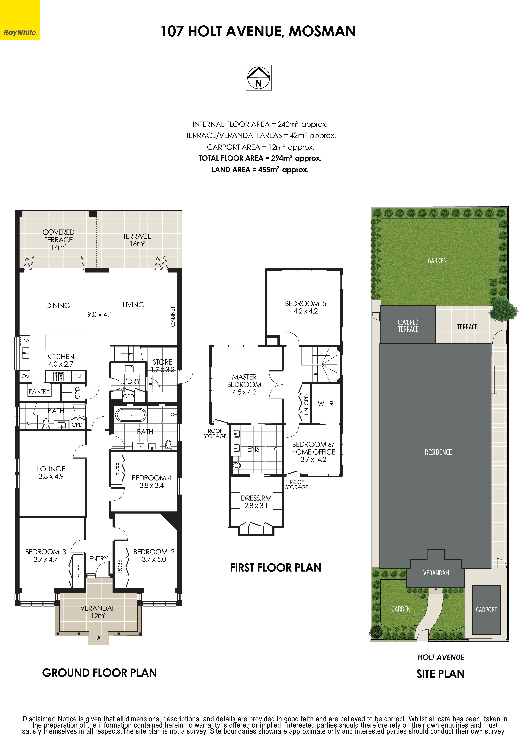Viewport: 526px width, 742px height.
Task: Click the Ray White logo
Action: click(x=20, y=20)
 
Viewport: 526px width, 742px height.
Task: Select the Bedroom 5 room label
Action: click(x=305, y=307)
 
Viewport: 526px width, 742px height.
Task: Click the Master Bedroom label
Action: click(x=244, y=384)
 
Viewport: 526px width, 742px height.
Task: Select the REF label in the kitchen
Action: click(x=78, y=376)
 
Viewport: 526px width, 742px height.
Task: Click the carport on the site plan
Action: click(x=486, y=610)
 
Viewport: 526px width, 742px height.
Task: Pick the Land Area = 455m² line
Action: click(x=260, y=169)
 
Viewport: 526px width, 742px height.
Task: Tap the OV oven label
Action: click(x=25, y=376)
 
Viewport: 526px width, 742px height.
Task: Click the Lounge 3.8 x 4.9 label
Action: click(x=51, y=472)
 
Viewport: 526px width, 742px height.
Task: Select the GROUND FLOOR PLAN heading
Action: click(x=99, y=673)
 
